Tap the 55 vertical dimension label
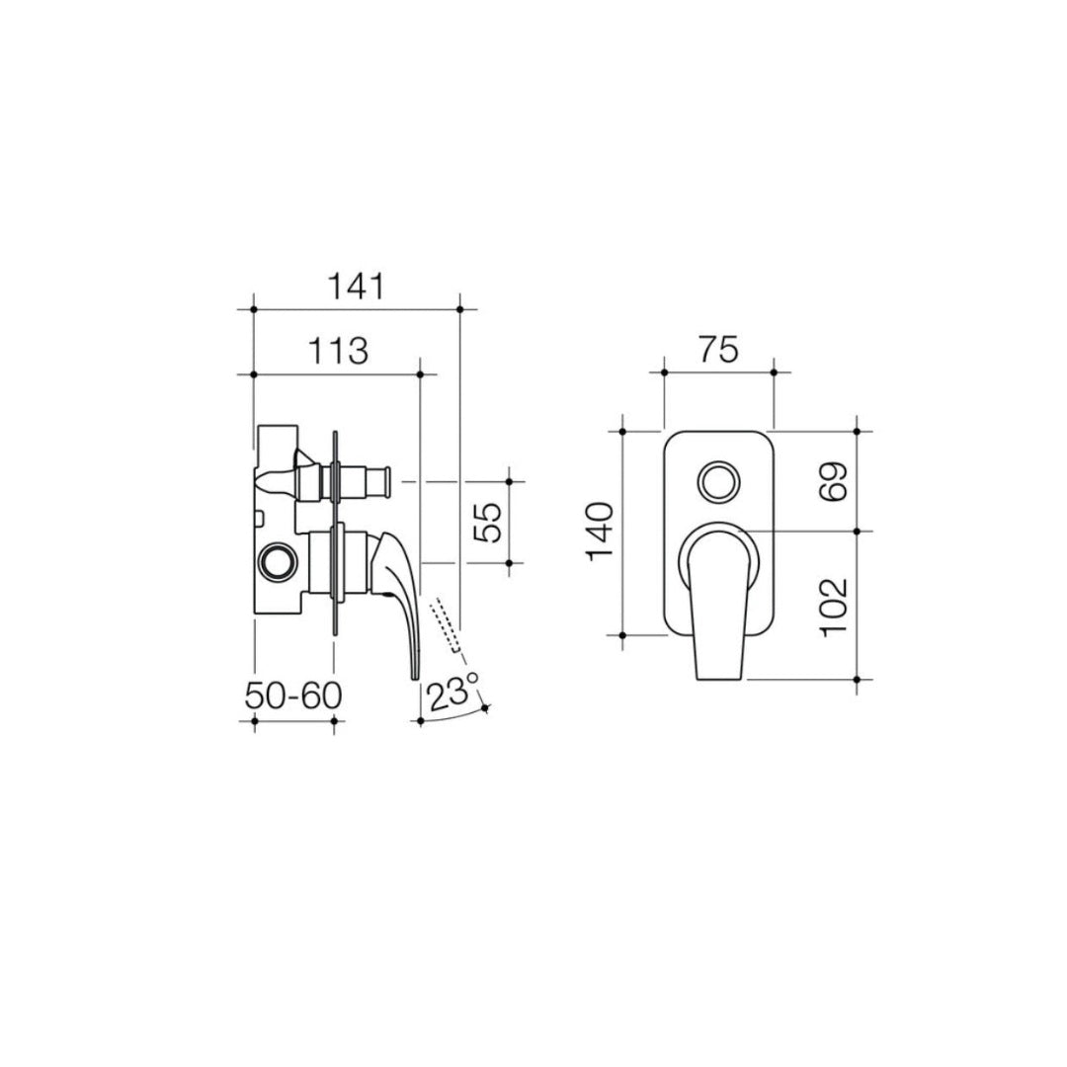click(x=487, y=522)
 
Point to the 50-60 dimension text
click(x=293, y=697)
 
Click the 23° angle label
click(x=452, y=694)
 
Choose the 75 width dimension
click(x=717, y=350)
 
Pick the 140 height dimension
click(x=602, y=532)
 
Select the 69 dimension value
click(x=834, y=481)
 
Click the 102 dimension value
click(x=834, y=606)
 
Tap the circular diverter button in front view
click(x=718, y=484)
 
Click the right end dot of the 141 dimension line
click(x=461, y=310)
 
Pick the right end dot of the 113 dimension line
click(x=421, y=374)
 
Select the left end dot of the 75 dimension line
click(x=664, y=372)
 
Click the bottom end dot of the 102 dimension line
click(x=857, y=679)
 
